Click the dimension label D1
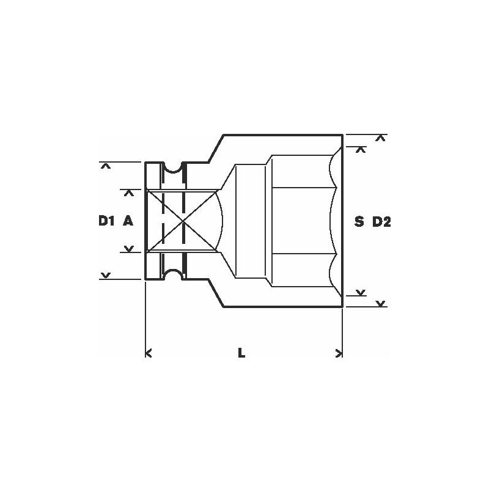point(106,222)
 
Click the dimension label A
point(128,222)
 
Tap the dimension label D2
point(381,222)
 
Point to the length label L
point(242,353)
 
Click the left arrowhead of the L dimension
point(149,352)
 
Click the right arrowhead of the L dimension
point(339,352)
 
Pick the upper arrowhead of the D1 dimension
point(106,166)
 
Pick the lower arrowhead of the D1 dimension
point(106,276)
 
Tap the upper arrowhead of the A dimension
point(129,193)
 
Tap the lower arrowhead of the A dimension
point(129,249)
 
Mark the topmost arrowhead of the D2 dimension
point(380,138)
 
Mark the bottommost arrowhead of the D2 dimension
point(380,303)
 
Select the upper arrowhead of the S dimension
point(361,149)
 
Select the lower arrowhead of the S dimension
point(361,292)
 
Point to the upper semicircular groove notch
point(174,168)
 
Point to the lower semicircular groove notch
point(174,274)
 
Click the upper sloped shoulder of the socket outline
point(216,147)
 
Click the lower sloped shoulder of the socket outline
point(216,295)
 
